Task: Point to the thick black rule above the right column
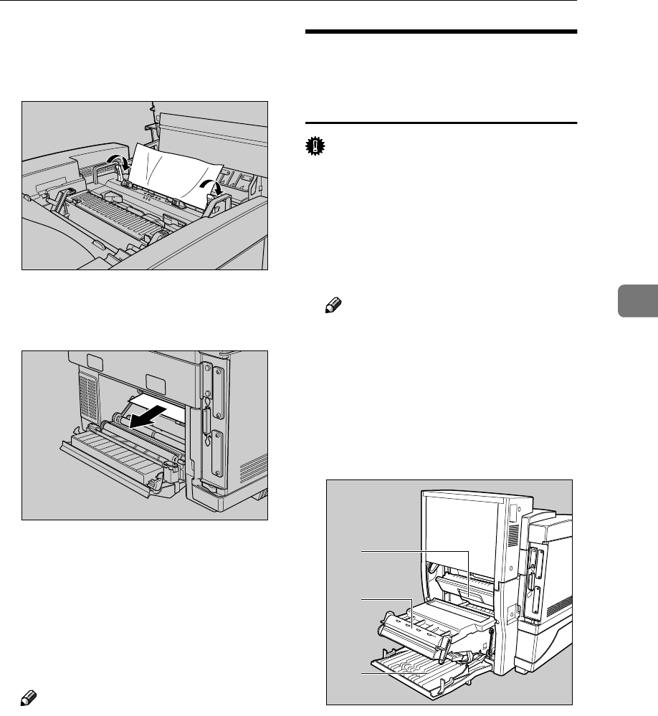pos(441,32)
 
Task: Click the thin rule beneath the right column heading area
pos(441,123)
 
